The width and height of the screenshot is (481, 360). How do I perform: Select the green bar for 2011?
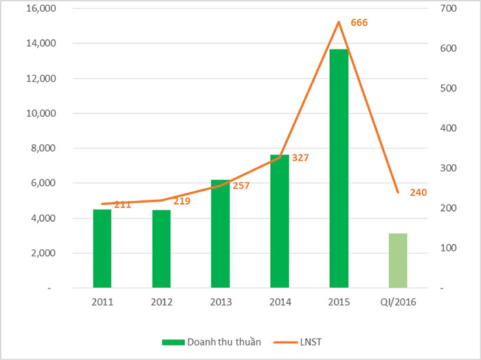[x=102, y=249]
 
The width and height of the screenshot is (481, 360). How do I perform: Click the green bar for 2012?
[x=161, y=249]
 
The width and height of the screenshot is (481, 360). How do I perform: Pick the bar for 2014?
[x=280, y=221]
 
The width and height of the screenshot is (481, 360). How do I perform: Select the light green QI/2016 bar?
[x=398, y=261]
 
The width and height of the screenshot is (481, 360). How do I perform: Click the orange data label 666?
[x=359, y=23]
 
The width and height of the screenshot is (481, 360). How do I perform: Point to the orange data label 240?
[x=418, y=192]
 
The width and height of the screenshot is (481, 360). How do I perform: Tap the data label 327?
[x=300, y=158]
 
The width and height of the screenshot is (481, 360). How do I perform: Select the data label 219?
[x=181, y=201]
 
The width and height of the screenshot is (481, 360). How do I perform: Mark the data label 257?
[x=240, y=185]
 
